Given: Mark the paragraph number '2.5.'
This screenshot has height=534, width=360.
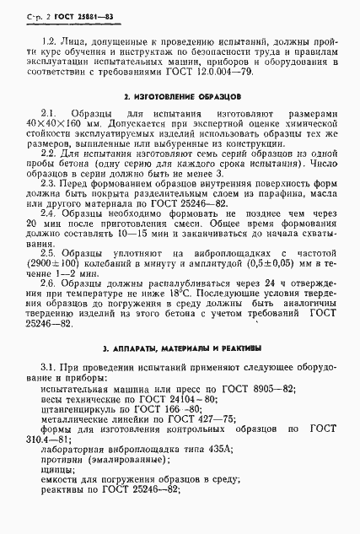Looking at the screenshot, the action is [x=50, y=277].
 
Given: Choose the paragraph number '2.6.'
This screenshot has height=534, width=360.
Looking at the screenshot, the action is [x=50, y=308].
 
